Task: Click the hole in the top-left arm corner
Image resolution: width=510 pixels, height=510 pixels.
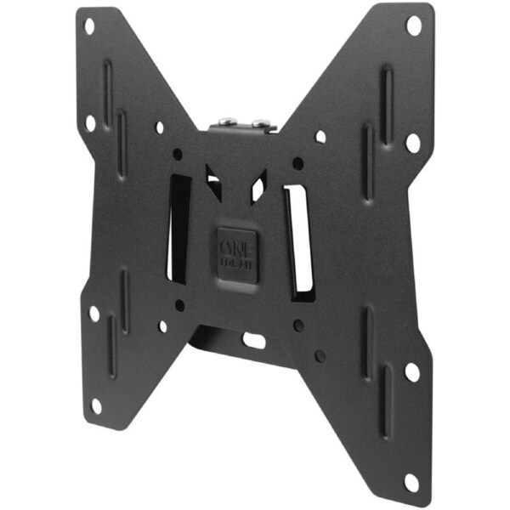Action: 89,26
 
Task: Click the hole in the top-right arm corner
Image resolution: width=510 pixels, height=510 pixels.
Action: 414,25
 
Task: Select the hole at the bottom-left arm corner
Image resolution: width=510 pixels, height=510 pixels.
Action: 96,405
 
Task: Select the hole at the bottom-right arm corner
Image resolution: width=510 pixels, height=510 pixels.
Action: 411,482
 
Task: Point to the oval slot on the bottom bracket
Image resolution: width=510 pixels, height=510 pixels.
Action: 254,339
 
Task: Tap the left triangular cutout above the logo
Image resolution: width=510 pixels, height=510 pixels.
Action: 213,182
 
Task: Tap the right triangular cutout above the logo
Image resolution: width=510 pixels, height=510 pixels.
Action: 258,185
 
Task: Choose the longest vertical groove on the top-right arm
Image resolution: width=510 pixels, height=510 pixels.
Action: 387,93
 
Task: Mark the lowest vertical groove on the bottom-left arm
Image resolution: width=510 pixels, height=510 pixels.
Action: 111,344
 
